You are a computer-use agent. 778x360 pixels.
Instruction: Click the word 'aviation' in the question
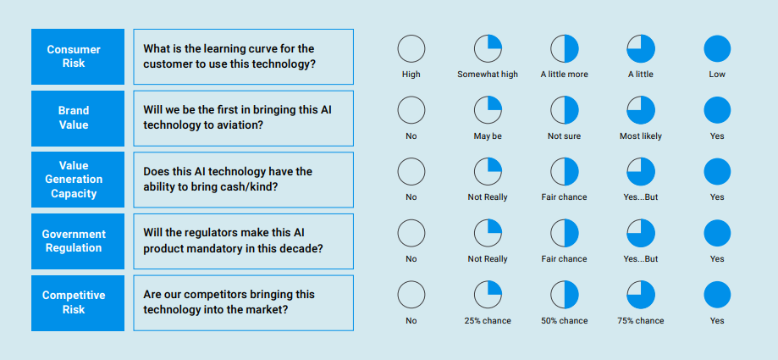(x=241, y=125)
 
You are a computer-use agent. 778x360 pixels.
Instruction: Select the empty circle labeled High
(x=411, y=48)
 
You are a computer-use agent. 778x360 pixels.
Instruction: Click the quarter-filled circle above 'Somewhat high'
(x=488, y=48)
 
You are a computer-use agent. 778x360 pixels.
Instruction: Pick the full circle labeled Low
(x=717, y=48)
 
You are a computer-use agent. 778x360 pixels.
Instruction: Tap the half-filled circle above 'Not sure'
(x=564, y=110)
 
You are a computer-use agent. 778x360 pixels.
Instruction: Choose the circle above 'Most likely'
(x=641, y=110)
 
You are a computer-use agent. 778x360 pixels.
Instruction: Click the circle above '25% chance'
(x=488, y=295)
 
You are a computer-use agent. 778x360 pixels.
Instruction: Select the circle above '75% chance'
(x=641, y=295)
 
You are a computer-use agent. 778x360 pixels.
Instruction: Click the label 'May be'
(x=488, y=136)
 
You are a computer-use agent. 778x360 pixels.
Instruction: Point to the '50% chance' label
(x=564, y=321)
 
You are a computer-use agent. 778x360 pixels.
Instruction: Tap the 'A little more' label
(x=564, y=75)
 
